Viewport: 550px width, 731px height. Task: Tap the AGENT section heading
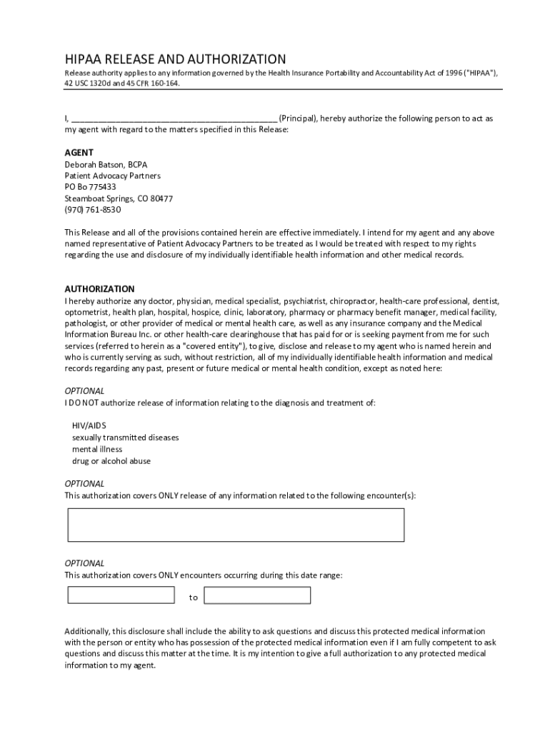(79, 153)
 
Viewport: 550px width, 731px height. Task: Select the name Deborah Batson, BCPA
(106, 164)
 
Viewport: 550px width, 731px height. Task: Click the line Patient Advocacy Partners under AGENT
(113, 176)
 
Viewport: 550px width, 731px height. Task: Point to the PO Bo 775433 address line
(91, 187)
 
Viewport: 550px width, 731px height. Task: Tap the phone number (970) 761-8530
(93, 210)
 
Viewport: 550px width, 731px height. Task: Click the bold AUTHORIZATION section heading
(100, 289)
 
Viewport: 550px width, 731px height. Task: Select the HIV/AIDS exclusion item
(89, 425)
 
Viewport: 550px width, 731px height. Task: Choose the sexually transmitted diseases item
(125, 437)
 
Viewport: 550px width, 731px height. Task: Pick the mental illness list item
(97, 449)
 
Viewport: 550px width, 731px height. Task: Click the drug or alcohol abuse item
(111, 461)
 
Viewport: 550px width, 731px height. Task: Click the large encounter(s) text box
(236, 525)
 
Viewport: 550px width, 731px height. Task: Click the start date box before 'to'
(121, 595)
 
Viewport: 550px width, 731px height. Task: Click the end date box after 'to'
(258, 595)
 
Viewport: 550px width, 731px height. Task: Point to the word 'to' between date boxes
(194, 598)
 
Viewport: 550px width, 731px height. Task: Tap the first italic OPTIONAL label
(85, 391)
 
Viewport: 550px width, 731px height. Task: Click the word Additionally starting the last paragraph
(86, 631)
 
